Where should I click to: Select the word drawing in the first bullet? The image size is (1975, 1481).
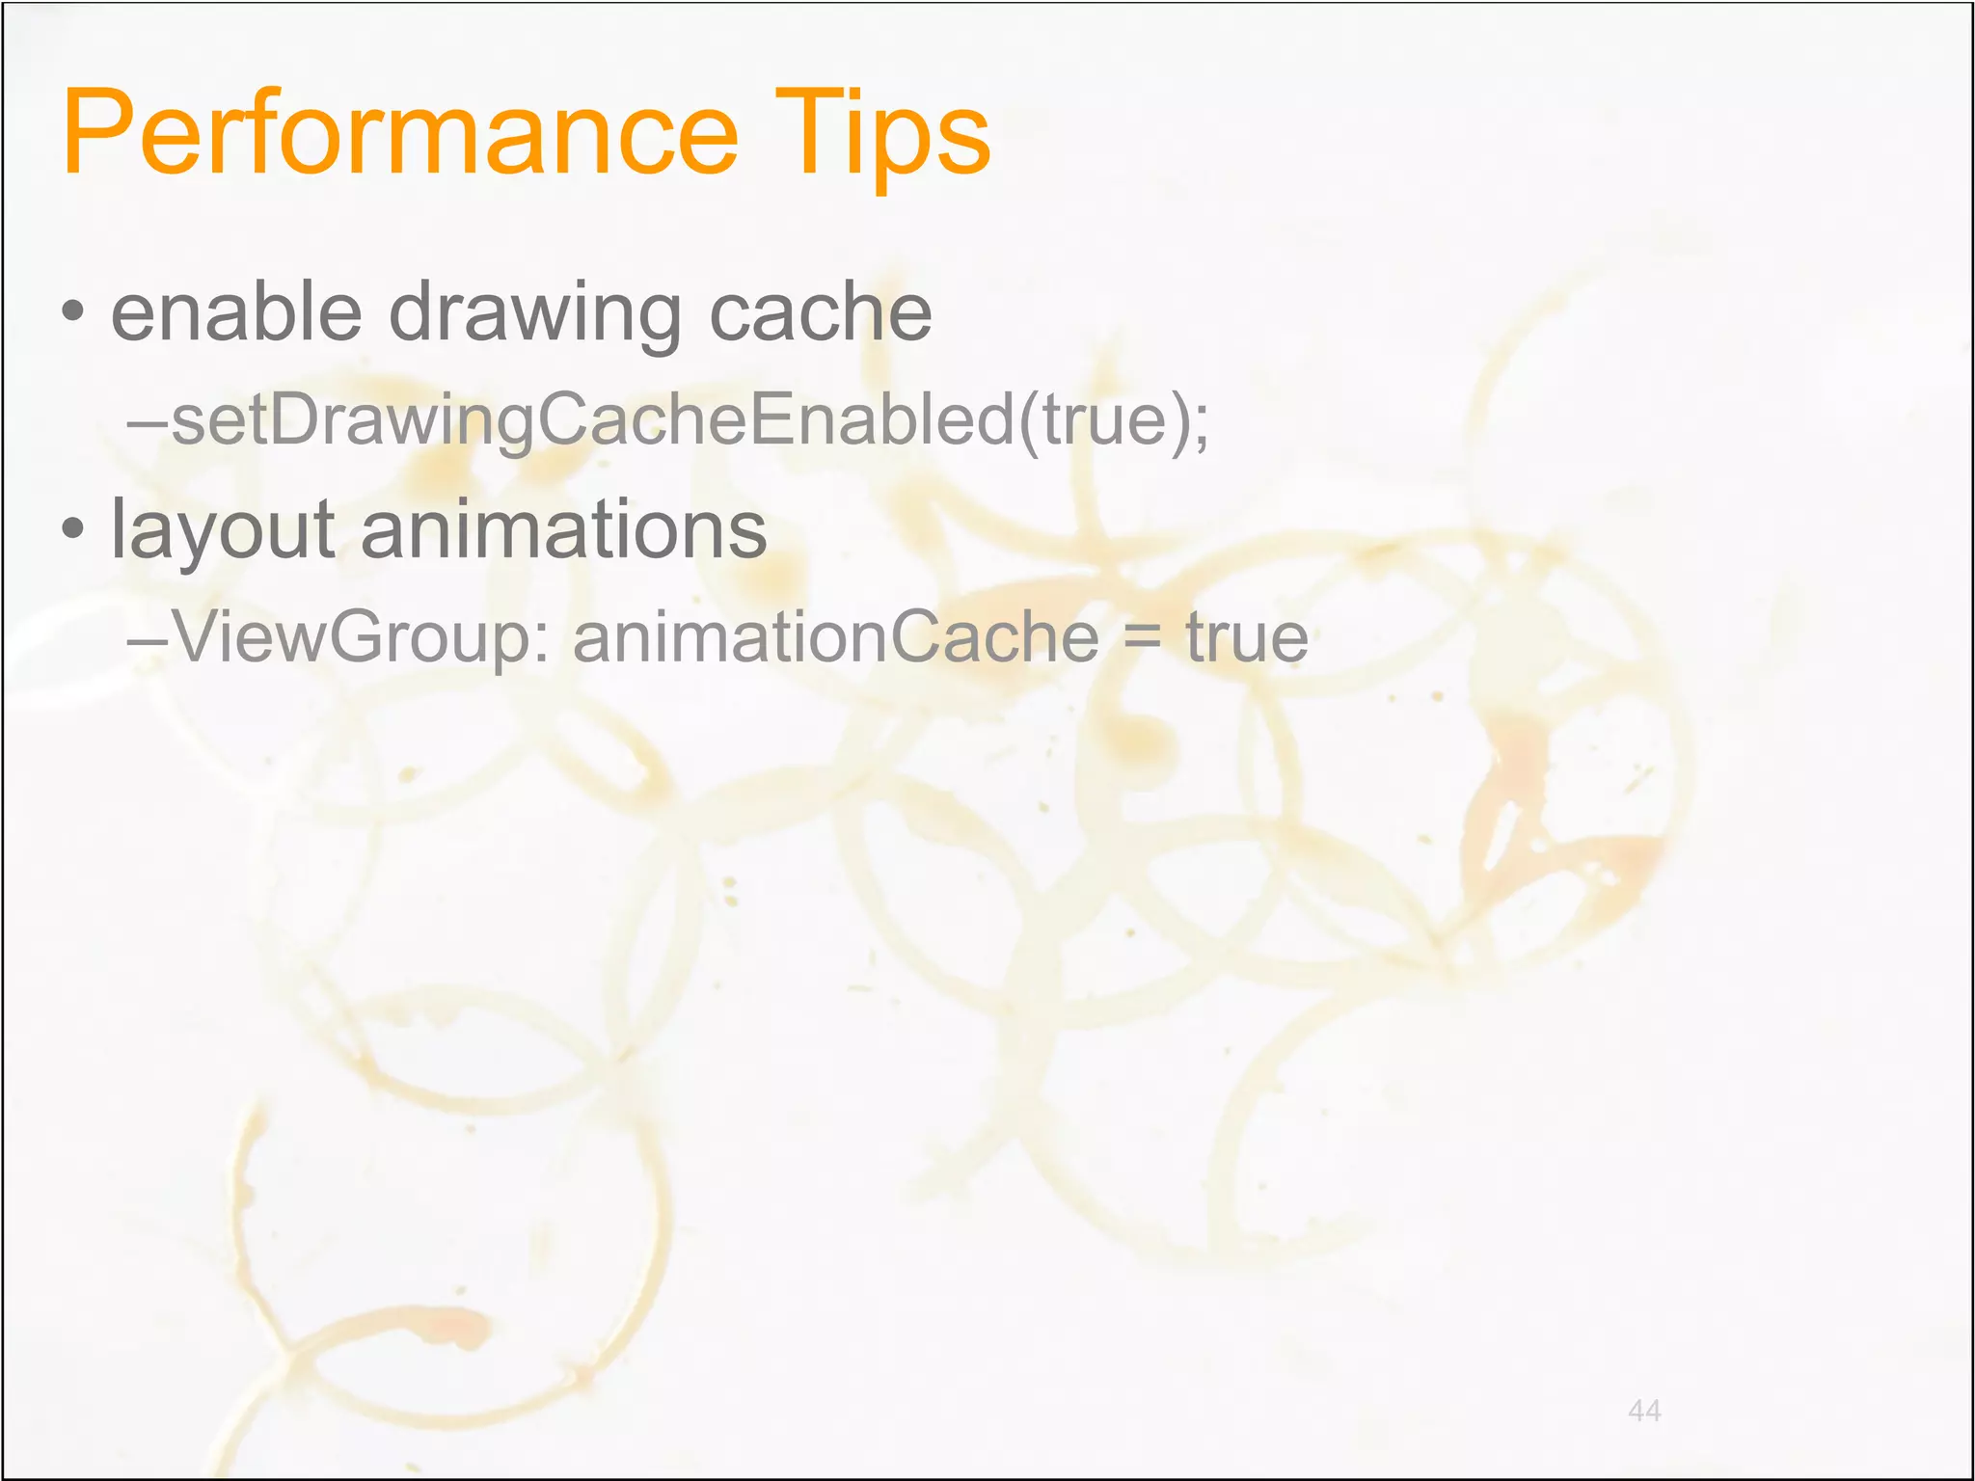(535, 314)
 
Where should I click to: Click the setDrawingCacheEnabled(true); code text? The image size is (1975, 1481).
(689, 420)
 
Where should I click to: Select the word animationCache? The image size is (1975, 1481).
(835, 636)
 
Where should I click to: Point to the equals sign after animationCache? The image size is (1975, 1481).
(1142, 638)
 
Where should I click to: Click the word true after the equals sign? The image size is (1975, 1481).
(1246, 636)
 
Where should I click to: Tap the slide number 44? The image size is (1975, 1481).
(1644, 1411)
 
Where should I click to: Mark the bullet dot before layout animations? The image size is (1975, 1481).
(72, 529)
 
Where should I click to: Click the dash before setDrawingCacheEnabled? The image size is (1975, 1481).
(148, 421)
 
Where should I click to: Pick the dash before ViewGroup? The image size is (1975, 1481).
(148, 637)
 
